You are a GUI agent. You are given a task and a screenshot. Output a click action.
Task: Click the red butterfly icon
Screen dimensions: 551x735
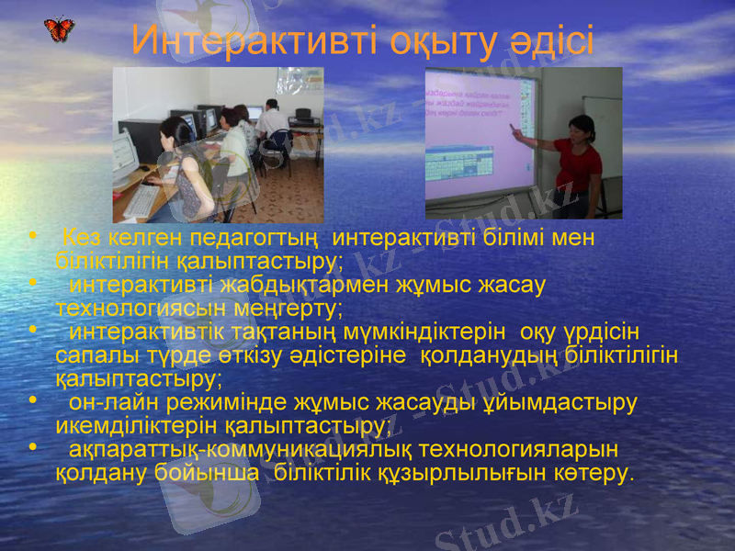60,29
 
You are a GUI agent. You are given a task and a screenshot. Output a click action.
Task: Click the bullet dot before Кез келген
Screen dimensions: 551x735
33,237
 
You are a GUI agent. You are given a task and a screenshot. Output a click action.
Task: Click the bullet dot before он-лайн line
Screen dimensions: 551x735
33,401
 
